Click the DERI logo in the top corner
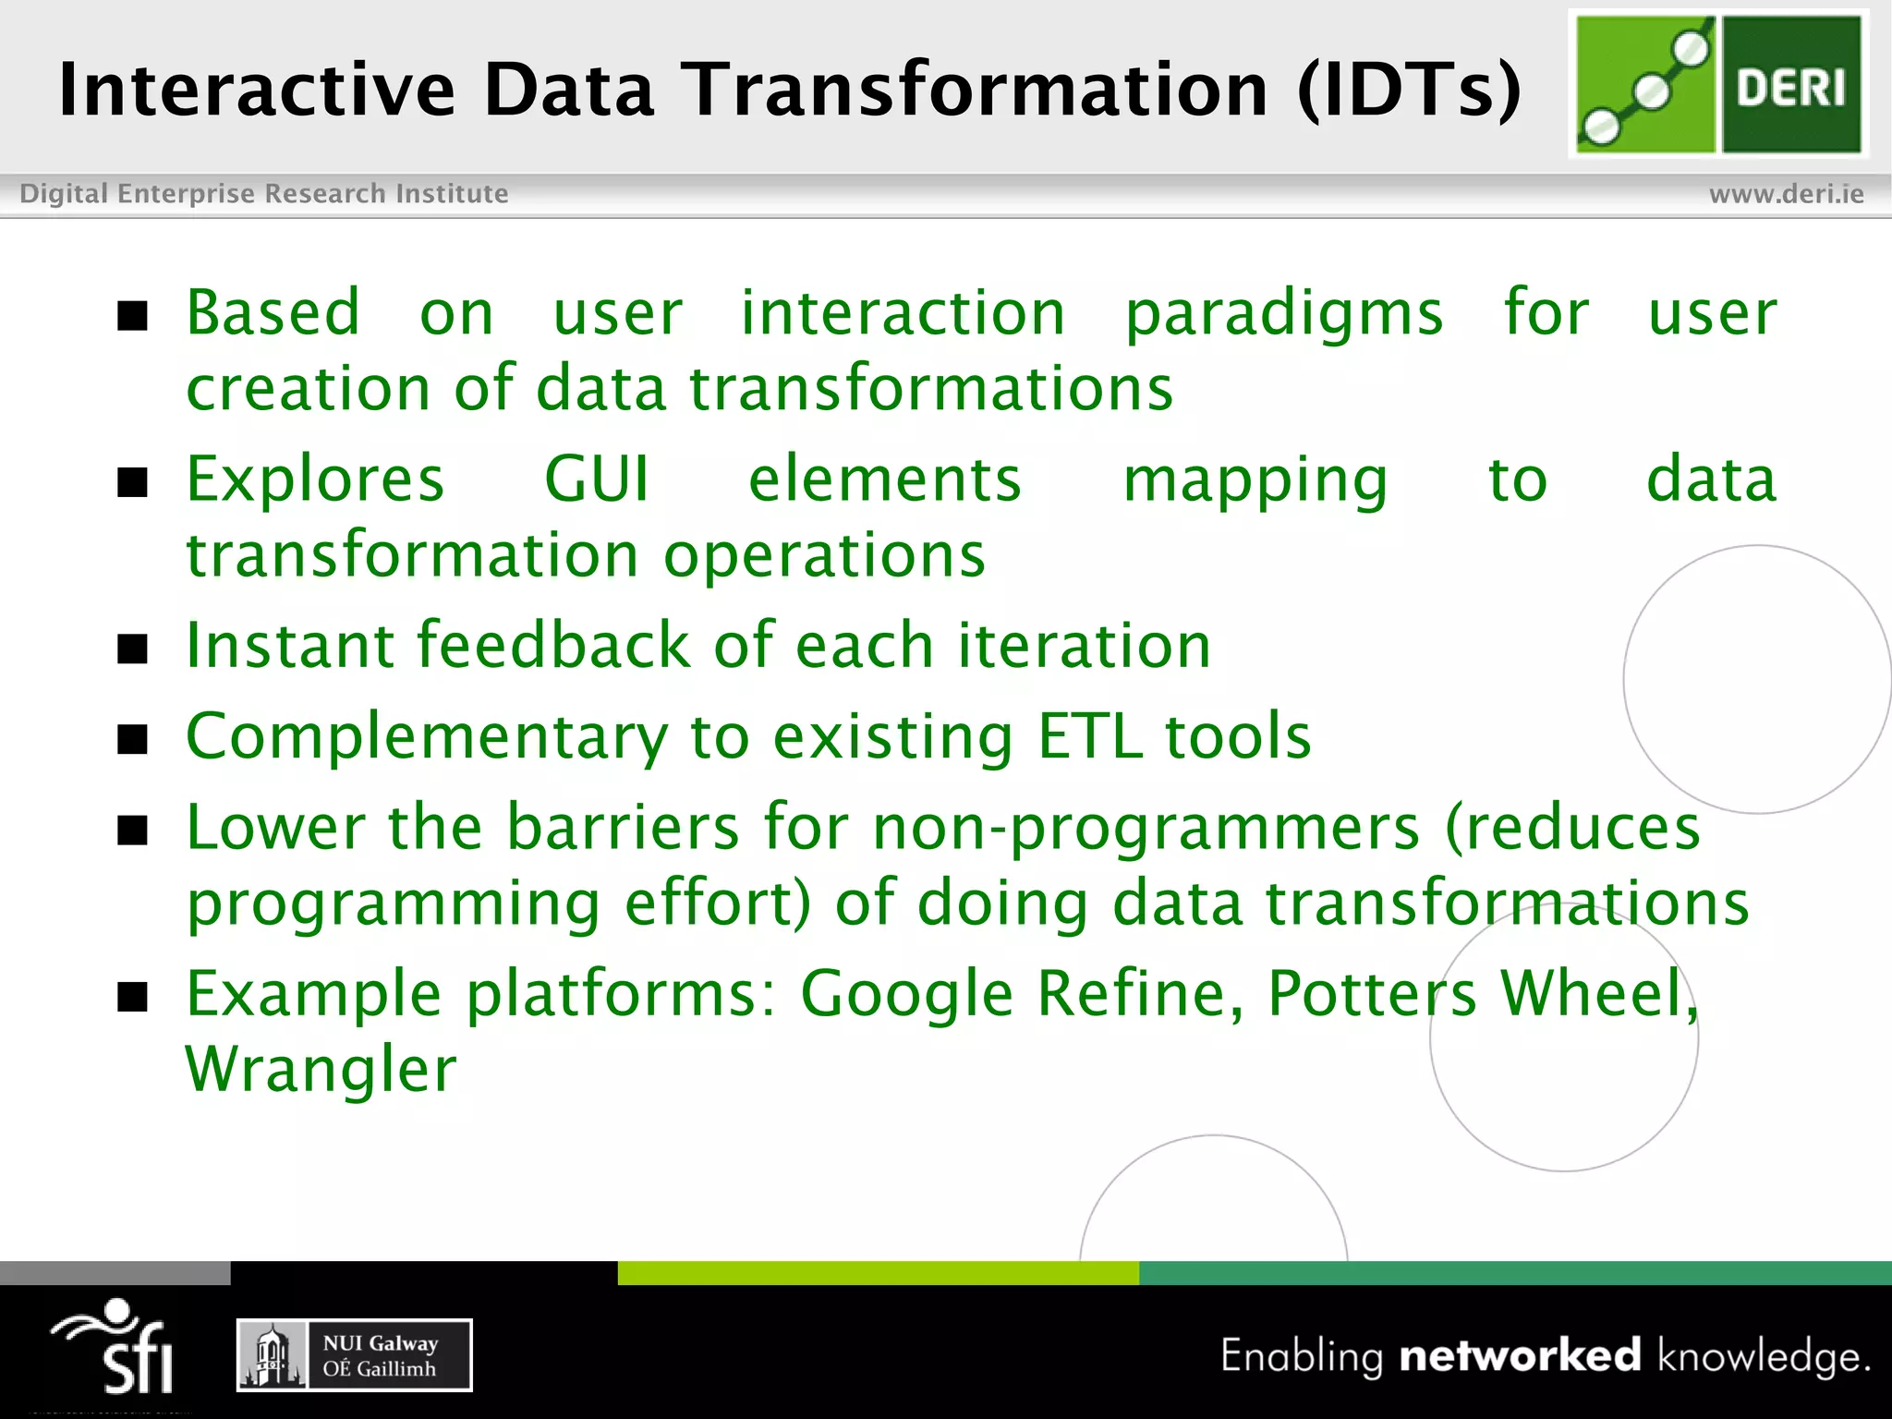pos(1718,85)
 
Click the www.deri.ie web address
pos(1786,194)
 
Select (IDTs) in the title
pos(1409,90)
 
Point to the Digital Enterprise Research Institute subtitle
pos(264,194)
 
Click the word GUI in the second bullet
pos(597,479)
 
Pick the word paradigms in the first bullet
pos(1283,314)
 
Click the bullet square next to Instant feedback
pos(133,649)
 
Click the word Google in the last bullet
pos(906,995)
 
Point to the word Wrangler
pos(321,1069)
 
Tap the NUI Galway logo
pos(355,1355)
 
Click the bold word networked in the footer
pos(1521,1355)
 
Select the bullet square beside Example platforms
pos(133,998)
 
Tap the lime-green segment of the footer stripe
pos(878,1273)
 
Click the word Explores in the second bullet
pos(315,480)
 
